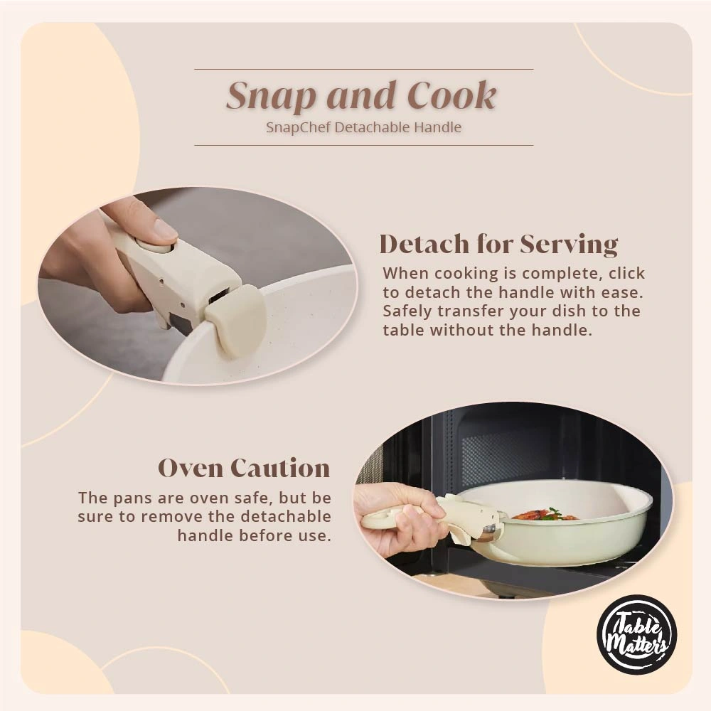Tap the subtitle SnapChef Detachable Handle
click(x=363, y=128)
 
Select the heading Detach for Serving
click(x=498, y=244)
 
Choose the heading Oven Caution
click(x=244, y=469)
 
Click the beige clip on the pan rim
click(x=235, y=319)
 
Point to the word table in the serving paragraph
click(x=403, y=330)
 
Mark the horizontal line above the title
click(x=363, y=69)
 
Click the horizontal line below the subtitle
click(x=363, y=145)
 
